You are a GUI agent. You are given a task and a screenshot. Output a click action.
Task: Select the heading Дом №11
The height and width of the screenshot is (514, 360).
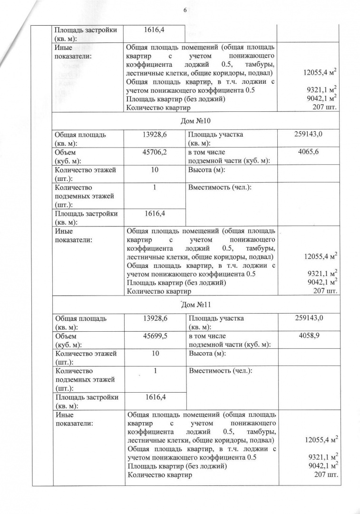pyautogui.click(x=195, y=305)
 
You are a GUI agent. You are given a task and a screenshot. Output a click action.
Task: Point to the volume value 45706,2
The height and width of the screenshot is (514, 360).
pyautogui.click(x=154, y=152)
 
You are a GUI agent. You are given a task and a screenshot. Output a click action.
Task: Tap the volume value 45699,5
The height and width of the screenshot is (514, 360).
pyautogui.click(x=154, y=336)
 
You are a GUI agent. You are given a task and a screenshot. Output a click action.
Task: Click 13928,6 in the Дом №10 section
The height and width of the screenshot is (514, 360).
pyautogui.click(x=154, y=134)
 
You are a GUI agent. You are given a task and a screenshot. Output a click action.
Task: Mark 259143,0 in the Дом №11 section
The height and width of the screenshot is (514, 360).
pyautogui.click(x=308, y=318)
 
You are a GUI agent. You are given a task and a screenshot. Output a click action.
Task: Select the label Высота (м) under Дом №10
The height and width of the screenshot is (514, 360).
pyautogui.click(x=206, y=170)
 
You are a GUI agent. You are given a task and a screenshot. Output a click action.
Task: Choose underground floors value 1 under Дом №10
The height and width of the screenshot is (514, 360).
pyautogui.click(x=155, y=188)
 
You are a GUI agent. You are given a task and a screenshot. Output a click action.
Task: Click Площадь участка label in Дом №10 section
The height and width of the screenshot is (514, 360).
pyautogui.click(x=215, y=138)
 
